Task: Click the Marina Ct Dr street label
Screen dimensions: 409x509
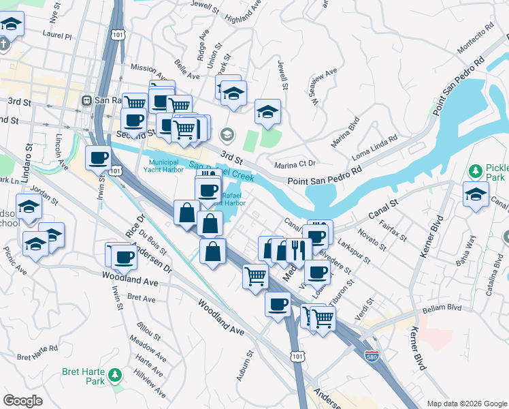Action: click(x=295, y=163)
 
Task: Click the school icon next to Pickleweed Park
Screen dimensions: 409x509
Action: click(x=476, y=194)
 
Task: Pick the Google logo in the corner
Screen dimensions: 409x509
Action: click(x=23, y=401)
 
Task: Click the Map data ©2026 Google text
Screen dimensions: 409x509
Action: click(x=466, y=404)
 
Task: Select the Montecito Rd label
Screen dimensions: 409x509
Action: click(x=470, y=40)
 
